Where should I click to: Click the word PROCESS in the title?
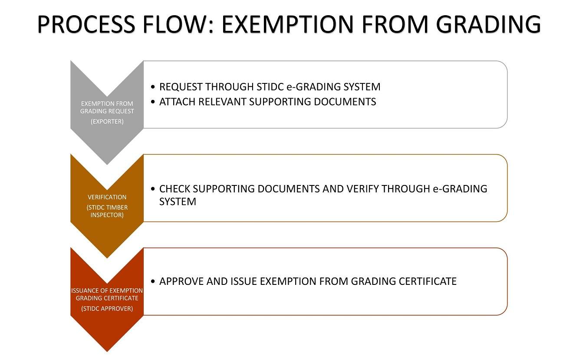[x=86, y=24]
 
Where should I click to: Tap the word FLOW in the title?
[x=178, y=24]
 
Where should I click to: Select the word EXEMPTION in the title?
[x=288, y=24]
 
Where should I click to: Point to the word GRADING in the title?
[x=488, y=24]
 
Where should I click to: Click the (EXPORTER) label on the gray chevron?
[x=107, y=122]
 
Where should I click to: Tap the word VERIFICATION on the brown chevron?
[x=107, y=197]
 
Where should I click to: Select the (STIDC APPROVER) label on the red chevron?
[x=107, y=308]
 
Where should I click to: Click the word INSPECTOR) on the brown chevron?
[x=107, y=215]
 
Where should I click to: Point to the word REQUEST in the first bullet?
[x=181, y=87]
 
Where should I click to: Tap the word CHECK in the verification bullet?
[x=174, y=189]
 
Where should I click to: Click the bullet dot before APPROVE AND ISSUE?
[x=153, y=281]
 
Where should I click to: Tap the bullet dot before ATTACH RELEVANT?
[x=153, y=102]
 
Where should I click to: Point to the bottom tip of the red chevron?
[x=107, y=352]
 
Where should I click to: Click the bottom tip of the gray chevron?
[x=107, y=165]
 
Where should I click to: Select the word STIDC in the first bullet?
[x=270, y=87]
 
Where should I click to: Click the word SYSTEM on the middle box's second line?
[x=178, y=202]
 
